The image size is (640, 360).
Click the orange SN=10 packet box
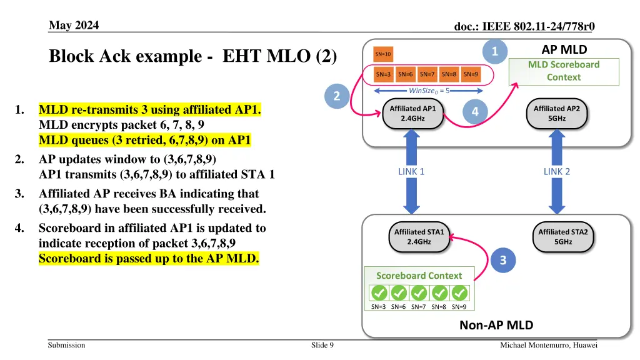pyautogui.click(x=383, y=54)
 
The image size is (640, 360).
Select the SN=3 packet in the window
pyautogui.click(x=384, y=75)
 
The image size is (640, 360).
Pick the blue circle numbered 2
pyautogui.click(x=337, y=96)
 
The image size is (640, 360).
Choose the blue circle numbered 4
pyautogui.click(x=475, y=112)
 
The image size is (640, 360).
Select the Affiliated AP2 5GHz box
pyautogui.click(x=556, y=113)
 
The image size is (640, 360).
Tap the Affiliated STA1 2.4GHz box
pyautogui.click(x=419, y=237)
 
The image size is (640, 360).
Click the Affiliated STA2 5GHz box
pyautogui.click(x=562, y=237)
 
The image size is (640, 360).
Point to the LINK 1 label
pyautogui.click(x=411, y=172)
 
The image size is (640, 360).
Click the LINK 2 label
pyautogui.click(x=556, y=172)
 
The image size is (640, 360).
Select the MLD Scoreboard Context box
pyautogui.click(x=564, y=71)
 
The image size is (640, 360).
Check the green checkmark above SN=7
pyautogui.click(x=419, y=293)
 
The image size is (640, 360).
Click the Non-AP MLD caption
pyautogui.click(x=496, y=325)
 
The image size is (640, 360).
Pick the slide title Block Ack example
pyautogui.click(x=193, y=56)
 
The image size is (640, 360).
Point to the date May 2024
pyautogui.click(x=73, y=25)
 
